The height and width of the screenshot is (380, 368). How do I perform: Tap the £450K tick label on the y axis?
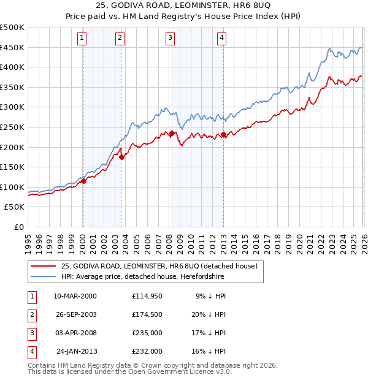tap(12, 47)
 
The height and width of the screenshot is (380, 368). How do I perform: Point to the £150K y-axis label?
tap(12, 167)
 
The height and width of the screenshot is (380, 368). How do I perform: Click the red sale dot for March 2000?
tap(83, 181)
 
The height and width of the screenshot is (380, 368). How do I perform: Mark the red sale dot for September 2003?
tap(122, 157)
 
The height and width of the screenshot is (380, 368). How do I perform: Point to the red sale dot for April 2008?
tap(172, 133)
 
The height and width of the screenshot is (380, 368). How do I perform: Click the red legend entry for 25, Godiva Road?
tap(163, 266)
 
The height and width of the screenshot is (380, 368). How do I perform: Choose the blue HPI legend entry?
tap(142, 276)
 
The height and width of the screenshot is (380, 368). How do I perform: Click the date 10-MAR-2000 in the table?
tap(75, 296)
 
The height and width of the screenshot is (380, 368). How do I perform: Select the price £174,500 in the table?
tap(147, 314)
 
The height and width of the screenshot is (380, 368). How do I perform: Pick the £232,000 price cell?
tap(147, 352)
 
